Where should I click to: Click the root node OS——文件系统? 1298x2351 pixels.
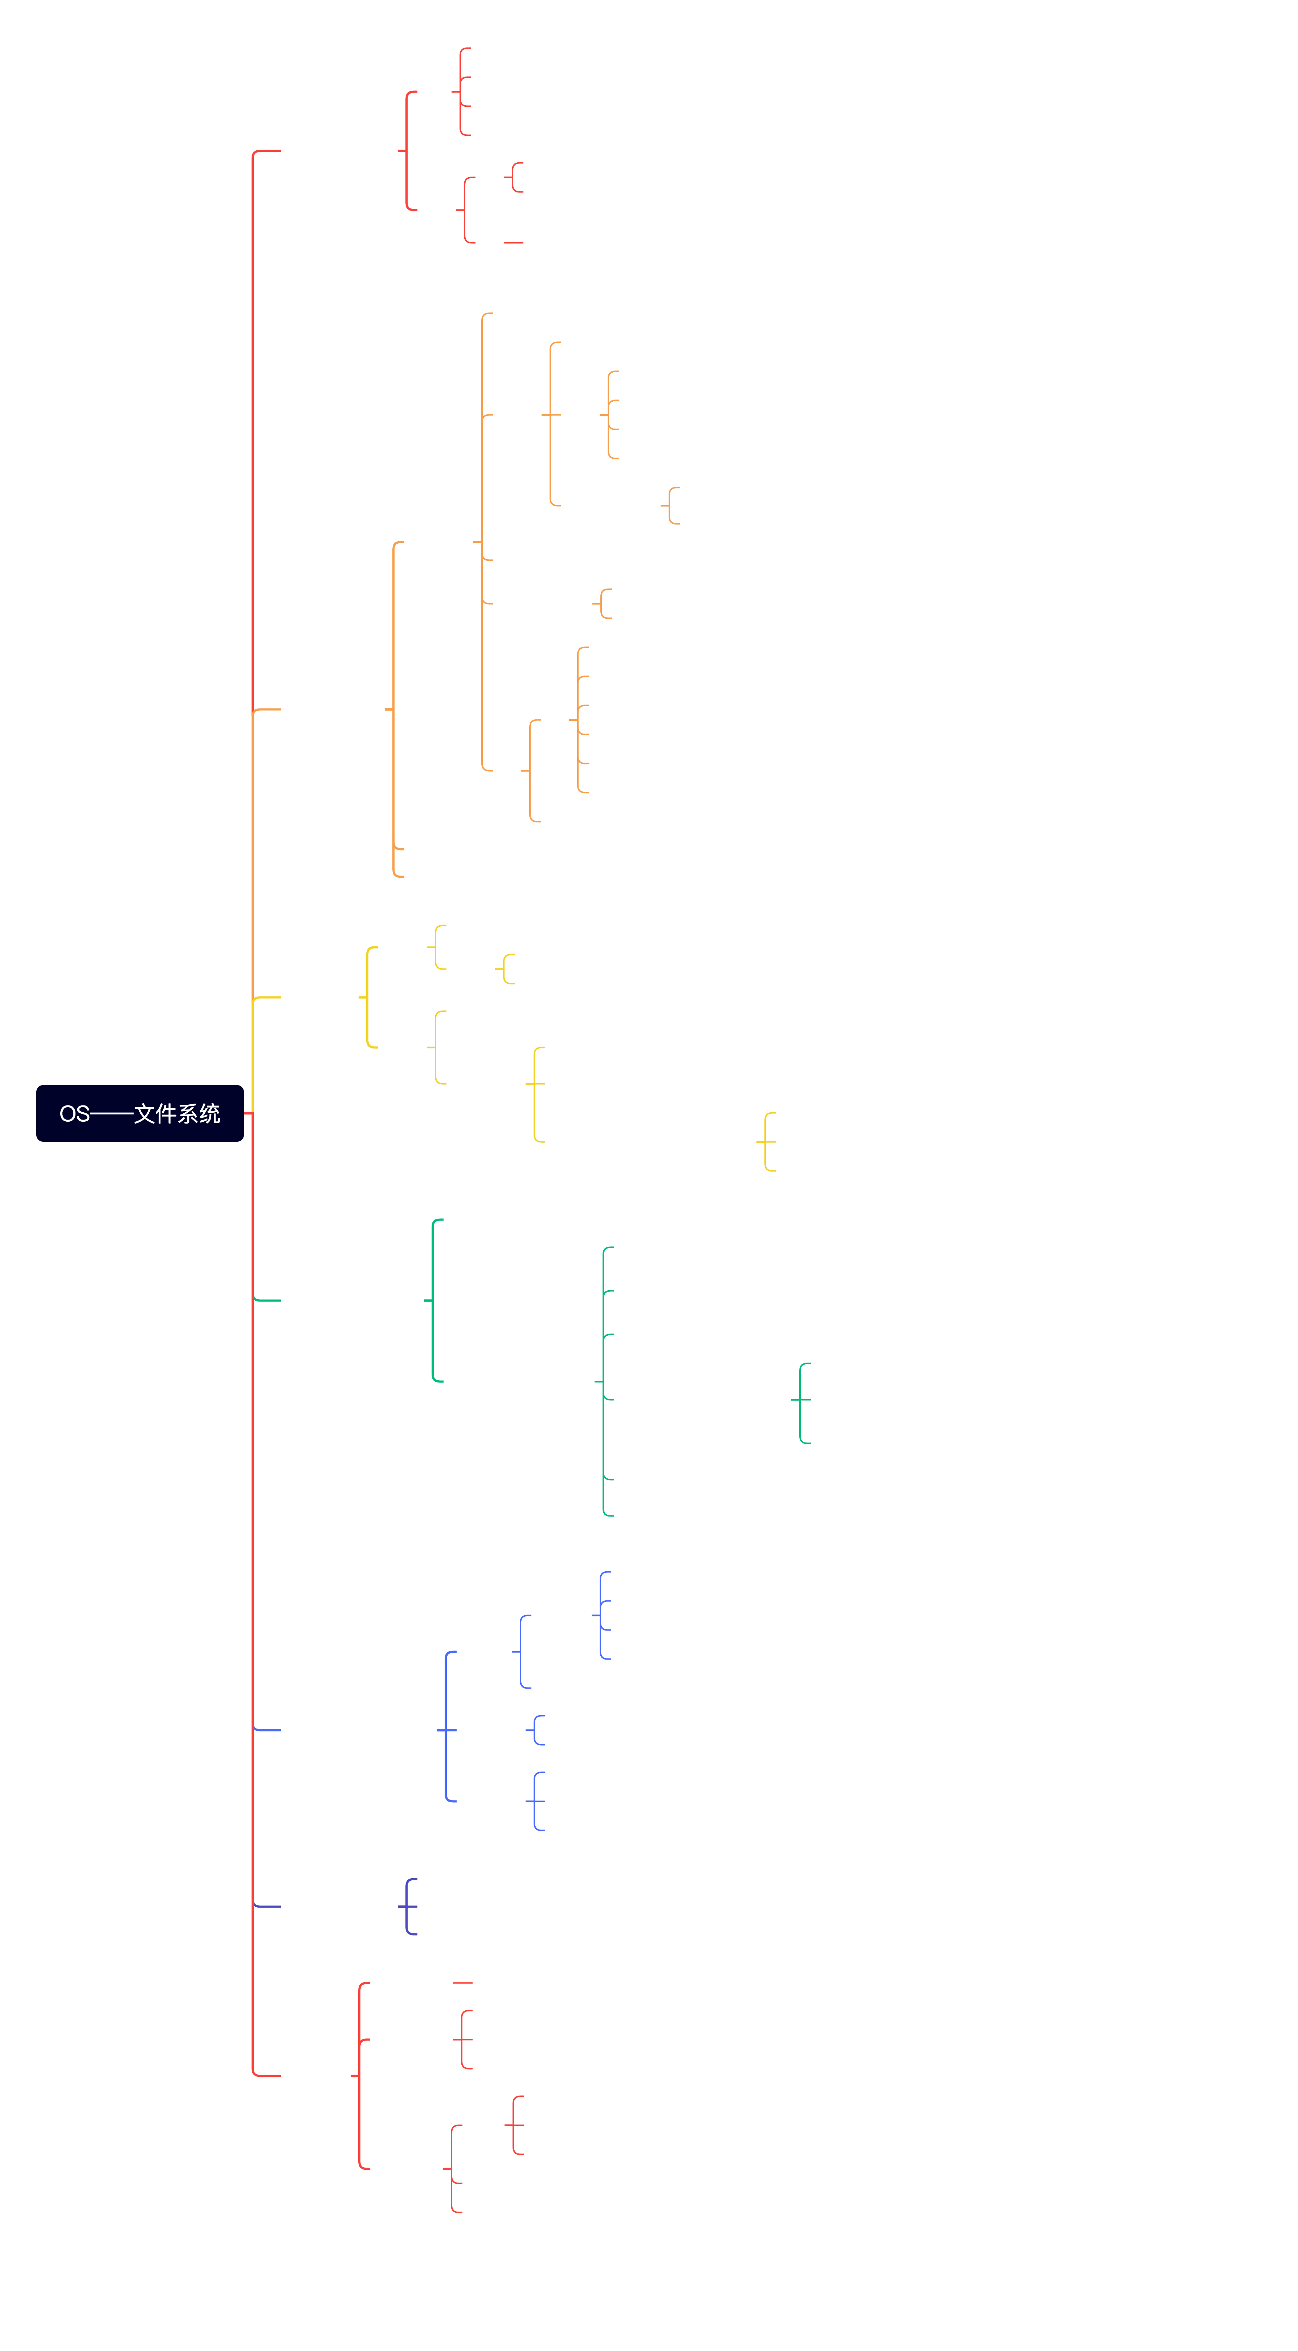tap(139, 1113)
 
